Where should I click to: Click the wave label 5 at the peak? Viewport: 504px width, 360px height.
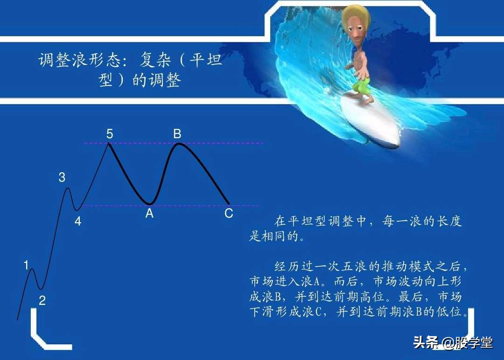click(109, 134)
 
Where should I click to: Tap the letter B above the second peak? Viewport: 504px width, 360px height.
click(177, 134)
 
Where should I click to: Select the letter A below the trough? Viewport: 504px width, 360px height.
click(149, 214)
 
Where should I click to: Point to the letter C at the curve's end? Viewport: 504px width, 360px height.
click(229, 214)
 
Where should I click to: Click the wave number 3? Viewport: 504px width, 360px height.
click(62, 177)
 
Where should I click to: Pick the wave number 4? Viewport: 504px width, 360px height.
click(78, 222)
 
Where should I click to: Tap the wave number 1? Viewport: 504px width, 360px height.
click(27, 266)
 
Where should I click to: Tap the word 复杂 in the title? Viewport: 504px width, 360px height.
click(157, 61)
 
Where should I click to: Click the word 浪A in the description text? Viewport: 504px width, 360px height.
click(308, 282)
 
